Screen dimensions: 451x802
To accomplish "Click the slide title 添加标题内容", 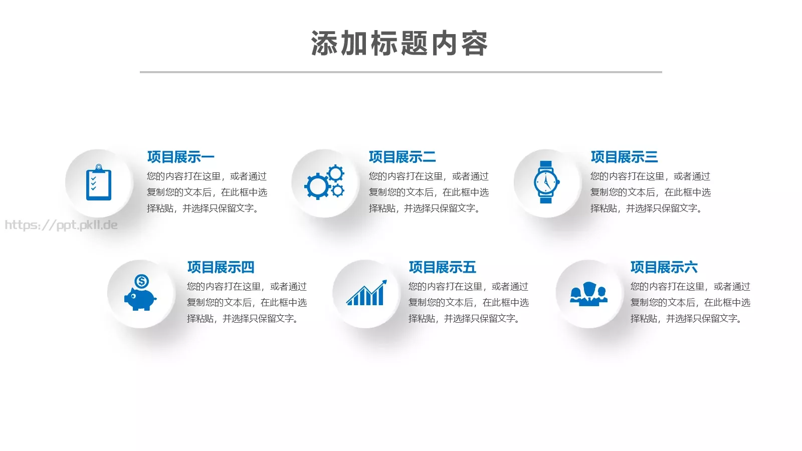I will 399,44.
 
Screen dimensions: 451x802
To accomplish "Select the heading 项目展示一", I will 180,157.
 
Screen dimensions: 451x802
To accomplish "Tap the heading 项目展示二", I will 402,157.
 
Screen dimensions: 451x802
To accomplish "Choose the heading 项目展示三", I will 624,157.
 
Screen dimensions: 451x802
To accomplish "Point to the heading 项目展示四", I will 221,267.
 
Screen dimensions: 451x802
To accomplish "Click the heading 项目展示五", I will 442,267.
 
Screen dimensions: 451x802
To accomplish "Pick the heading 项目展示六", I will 664,267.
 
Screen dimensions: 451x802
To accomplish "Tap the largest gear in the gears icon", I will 317,186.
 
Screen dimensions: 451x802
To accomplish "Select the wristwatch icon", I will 546,182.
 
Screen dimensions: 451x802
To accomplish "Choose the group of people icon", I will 589,294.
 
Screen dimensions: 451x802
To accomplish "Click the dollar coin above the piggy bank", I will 142,281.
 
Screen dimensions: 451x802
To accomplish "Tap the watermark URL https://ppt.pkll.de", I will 61,225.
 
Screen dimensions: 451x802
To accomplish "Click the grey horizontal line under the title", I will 400,72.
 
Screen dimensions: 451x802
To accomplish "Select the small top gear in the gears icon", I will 335,173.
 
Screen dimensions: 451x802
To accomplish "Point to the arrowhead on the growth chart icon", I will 384,283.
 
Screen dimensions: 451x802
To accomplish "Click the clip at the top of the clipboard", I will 99,167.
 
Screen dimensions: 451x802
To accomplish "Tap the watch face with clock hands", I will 545,182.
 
